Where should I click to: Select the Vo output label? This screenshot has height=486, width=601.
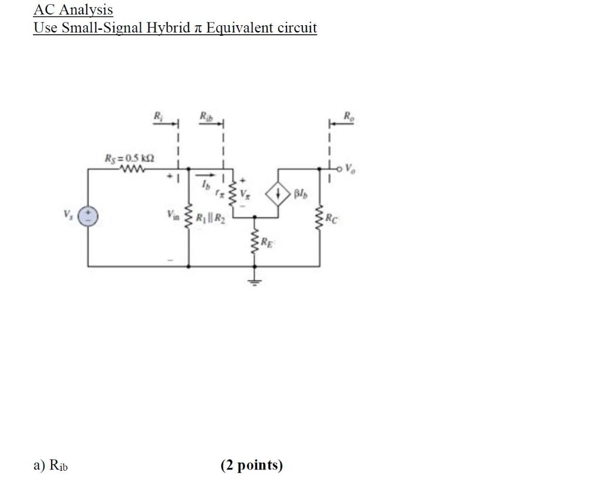350,169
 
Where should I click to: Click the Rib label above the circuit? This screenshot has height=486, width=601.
205,116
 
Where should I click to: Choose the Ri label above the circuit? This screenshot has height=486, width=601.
157,116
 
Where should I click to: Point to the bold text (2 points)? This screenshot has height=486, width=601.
252,465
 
